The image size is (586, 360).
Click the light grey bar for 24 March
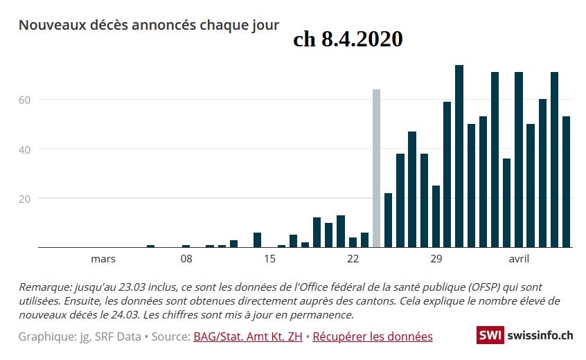click(376, 168)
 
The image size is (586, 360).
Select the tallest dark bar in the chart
click(459, 156)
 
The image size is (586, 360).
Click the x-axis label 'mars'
click(103, 259)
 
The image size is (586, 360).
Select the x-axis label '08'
click(186, 259)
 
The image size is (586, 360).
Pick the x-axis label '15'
click(269, 259)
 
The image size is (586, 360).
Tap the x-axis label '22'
click(353, 259)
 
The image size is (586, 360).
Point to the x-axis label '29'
click(436, 259)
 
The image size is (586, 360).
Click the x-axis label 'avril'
click(520, 259)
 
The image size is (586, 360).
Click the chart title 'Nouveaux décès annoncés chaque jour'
click(149, 25)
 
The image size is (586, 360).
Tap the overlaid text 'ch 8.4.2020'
click(348, 39)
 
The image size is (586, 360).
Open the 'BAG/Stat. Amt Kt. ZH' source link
click(247, 336)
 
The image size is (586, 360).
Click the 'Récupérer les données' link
click(373, 336)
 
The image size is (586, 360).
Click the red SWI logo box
click(490, 335)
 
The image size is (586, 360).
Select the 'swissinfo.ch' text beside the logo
click(540, 335)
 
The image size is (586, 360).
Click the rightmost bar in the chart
click(566, 181)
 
